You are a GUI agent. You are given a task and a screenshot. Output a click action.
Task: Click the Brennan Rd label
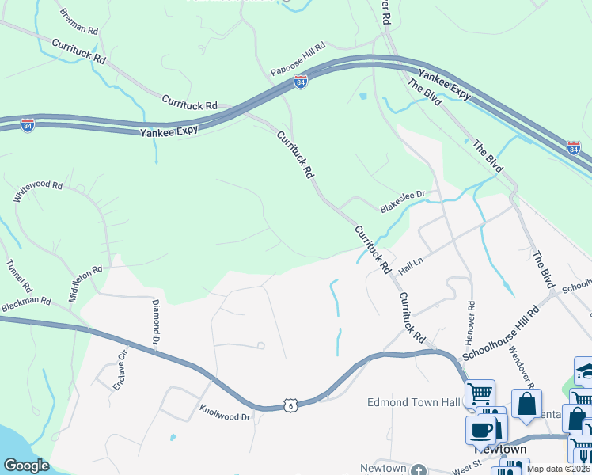click(78, 22)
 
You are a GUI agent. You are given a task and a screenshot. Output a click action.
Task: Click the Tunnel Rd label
click(17, 275)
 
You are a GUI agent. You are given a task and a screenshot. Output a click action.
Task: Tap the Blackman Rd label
click(25, 302)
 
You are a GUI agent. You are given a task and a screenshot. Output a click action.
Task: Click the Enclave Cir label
click(122, 367)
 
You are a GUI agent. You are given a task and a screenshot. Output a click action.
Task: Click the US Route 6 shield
click(292, 405)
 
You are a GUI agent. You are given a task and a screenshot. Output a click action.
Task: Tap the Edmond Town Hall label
click(414, 402)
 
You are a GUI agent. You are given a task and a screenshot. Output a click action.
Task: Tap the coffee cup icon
click(480, 431)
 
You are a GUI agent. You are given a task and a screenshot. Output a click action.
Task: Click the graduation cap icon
click(584, 371)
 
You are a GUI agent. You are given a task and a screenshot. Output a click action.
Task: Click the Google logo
click(26, 465)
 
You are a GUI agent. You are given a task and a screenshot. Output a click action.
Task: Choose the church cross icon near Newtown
click(418, 469)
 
